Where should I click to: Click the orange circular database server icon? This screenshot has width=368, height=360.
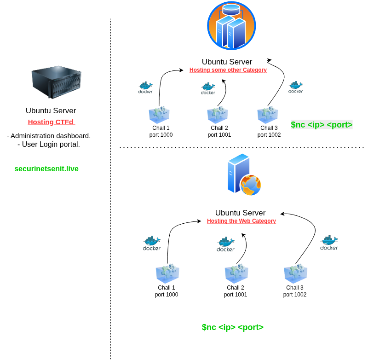click(231, 26)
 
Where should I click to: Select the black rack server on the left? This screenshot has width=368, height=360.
click(56, 82)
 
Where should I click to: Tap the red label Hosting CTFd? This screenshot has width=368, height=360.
click(51, 122)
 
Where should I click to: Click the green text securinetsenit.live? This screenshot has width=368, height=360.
click(46, 169)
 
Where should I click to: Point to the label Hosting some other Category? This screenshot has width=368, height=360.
click(228, 70)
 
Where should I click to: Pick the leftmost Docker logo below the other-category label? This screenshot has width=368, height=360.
click(145, 87)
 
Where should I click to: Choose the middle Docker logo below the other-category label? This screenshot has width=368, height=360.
click(208, 88)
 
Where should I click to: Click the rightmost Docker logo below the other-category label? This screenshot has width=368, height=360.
click(295, 87)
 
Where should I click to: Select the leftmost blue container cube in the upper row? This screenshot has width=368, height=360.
click(159, 115)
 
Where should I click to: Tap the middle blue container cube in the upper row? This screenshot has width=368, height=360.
click(218, 115)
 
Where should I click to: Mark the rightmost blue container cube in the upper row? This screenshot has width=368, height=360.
click(268, 115)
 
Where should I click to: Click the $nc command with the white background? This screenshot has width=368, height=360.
click(322, 125)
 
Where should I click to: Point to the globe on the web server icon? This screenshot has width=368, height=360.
click(251, 185)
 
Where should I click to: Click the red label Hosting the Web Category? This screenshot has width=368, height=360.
click(241, 221)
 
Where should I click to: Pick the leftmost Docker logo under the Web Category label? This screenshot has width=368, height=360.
click(151, 243)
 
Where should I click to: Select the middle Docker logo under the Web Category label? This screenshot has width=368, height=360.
click(225, 244)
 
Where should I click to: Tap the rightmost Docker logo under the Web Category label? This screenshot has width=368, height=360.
click(329, 243)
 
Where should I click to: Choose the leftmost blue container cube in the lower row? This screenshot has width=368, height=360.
click(167, 273)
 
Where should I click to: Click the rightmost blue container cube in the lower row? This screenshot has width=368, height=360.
click(295, 273)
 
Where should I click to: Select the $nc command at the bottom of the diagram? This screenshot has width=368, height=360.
click(232, 327)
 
